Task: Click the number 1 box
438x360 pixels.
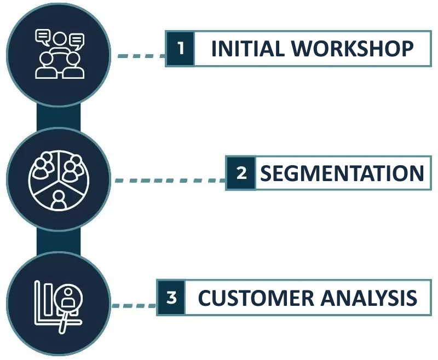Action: point(180,49)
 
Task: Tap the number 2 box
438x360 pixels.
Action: point(241,173)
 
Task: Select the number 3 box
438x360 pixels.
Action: point(171,298)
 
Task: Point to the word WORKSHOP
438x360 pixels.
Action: point(352,49)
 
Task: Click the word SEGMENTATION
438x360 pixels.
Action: point(342,173)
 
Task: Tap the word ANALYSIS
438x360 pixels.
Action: point(368,299)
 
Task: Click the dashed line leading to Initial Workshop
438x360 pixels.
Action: point(141,55)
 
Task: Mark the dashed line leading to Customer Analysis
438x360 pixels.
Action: point(134,305)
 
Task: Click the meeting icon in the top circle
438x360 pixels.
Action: point(59,55)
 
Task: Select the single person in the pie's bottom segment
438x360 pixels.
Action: point(59,199)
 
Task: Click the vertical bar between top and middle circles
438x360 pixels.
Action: point(59,117)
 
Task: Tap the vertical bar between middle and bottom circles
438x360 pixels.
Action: point(59,242)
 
